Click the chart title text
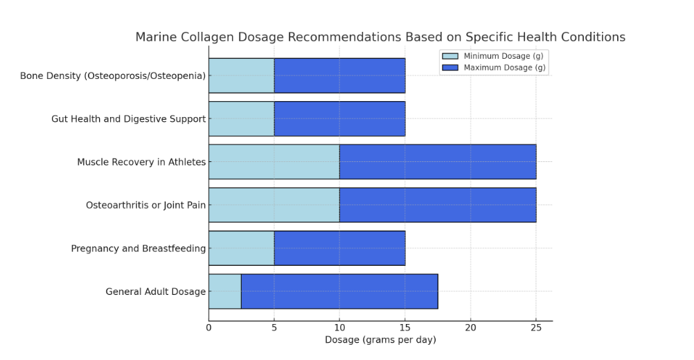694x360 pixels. [380, 37]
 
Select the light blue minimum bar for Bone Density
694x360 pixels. [241, 75]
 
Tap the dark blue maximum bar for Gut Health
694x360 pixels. [339, 118]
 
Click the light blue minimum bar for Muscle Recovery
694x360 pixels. [274, 161]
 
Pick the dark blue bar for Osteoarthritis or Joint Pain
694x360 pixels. [438, 205]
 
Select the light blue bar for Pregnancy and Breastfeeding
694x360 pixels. [241, 248]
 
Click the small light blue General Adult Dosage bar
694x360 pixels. [224, 291]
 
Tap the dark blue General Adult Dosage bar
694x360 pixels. [339, 291]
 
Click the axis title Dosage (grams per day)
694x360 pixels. [380, 340]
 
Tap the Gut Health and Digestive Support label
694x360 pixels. [128, 119]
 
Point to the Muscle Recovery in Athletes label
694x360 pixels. [141, 162]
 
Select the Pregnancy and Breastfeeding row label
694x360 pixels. [139, 249]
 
